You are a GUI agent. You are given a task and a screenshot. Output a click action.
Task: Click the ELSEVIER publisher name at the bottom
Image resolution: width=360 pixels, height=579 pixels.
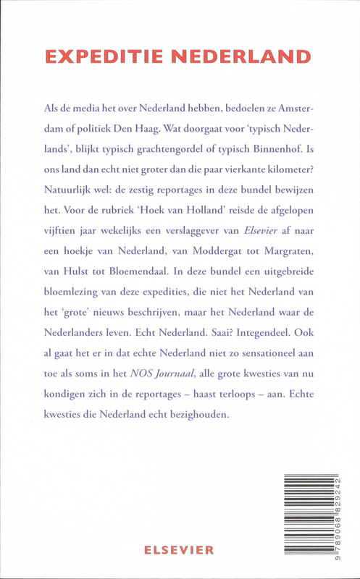pyautogui.click(x=180, y=549)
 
